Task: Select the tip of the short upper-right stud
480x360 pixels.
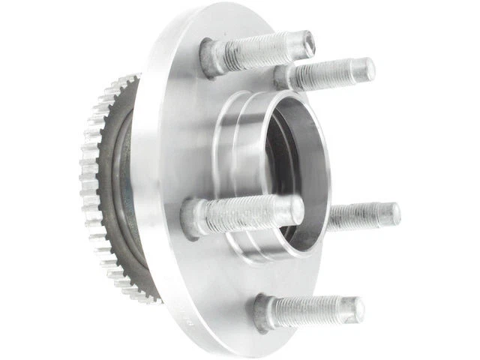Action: pyautogui.click(x=367, y=70)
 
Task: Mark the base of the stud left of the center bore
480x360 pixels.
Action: pyautogui.click(x=193, y=218)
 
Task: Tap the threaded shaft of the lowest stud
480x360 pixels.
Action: pyautogui.click(x=315, y=309)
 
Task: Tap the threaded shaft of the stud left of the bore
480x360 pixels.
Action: pyautogui.click(x=247, y=213)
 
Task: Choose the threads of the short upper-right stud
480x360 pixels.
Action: pyautogui.click(x=330, y=73)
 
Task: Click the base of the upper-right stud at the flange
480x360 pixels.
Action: pyautogui.click(x=283, y=77)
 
